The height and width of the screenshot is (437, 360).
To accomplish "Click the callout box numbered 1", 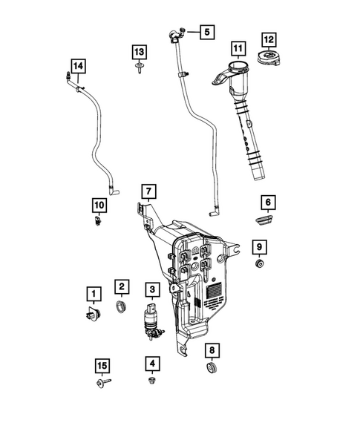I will click(93, 294).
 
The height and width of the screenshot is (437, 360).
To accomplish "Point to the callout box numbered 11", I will click(238, 50).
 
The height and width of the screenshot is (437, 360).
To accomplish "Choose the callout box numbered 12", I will click(268, 39).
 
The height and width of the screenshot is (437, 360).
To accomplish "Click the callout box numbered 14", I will click(78, 66).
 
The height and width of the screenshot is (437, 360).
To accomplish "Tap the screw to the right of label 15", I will click(102, 384).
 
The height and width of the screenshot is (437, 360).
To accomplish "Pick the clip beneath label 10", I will click(98, 221).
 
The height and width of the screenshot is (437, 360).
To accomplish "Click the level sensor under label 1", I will click(93, 313).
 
